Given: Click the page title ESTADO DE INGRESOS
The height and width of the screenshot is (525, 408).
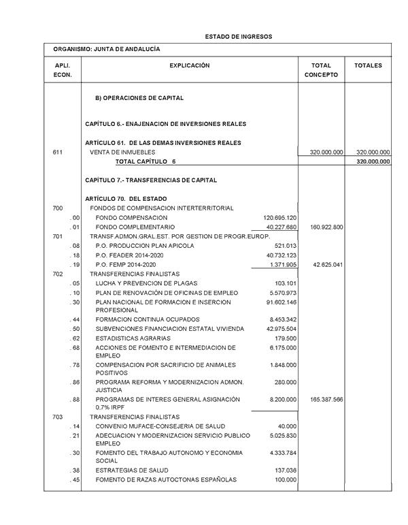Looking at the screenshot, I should tap(238, 35).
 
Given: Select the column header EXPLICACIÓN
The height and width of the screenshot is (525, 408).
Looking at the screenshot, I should tap(190, 66).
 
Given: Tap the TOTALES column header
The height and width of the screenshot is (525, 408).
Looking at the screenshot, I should tap(368, 66).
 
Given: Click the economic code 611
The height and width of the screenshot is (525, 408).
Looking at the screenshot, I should tap(58, 153).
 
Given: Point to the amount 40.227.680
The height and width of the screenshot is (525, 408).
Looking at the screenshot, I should tap(279, 227).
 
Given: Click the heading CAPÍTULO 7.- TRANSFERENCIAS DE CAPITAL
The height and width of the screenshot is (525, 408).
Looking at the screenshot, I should tap(152, 180).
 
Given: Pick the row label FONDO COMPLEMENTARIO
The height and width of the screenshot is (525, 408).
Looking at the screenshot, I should tap(135, 227).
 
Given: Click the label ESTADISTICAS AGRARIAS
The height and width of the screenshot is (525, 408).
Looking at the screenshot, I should tap(133, 338).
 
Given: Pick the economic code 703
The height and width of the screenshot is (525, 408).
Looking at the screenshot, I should tap(58, 416).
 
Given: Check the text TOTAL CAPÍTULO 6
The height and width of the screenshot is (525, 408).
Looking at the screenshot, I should tap(146, 162).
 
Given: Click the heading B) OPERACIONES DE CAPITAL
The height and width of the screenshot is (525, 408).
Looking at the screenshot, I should tap(139, 98).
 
